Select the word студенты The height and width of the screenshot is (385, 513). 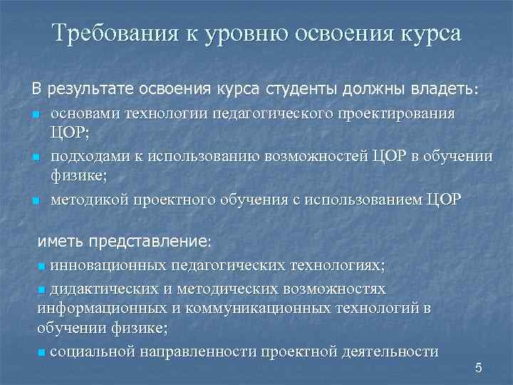click(x=304, y=89)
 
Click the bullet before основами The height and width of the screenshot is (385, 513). click(x=35, y=115)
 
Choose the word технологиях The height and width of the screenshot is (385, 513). click(x=338, y=265)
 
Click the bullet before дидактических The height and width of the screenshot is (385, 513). click(x=41, y=289)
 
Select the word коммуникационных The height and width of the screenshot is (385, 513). click(x=234, y=308)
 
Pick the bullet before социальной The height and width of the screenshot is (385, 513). click(x=41, y=352)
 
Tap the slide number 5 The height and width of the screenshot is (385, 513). click(x=478, y=368)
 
